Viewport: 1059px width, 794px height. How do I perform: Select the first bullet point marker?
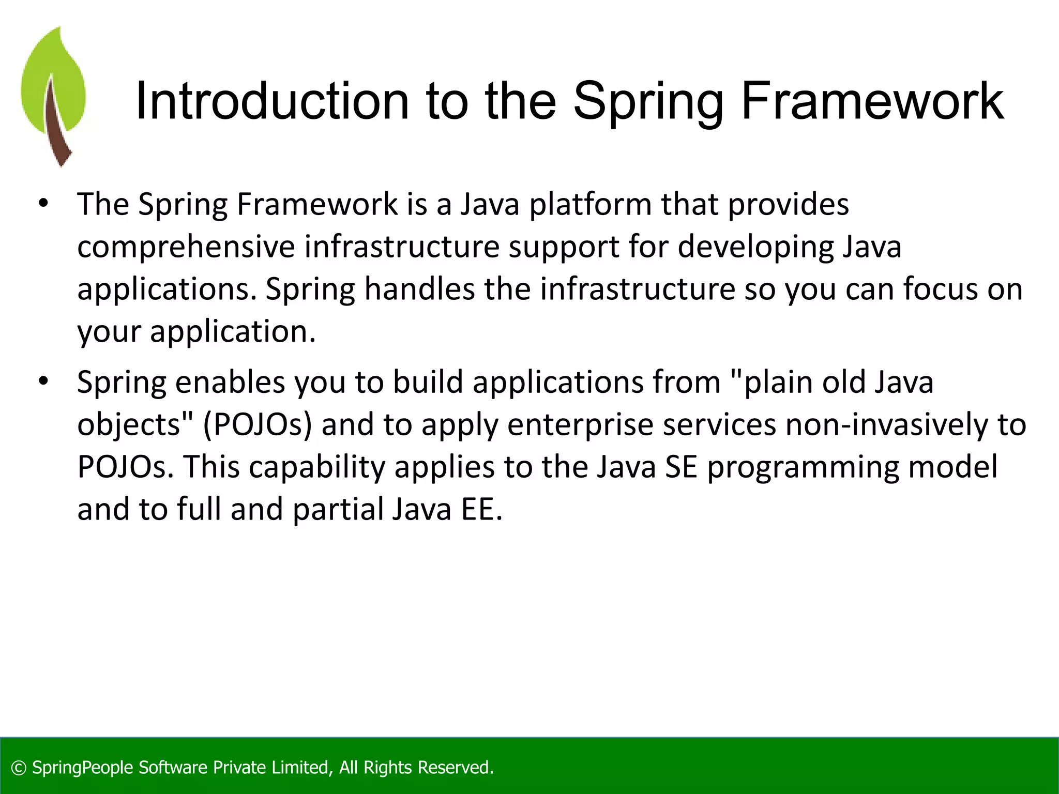point(43,203)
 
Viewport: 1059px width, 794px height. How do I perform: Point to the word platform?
point(590,205)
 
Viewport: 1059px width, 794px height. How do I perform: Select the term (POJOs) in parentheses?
point(257,425)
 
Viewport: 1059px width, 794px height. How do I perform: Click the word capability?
point(317,467)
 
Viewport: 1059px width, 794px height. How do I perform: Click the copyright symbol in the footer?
point(19,768)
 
